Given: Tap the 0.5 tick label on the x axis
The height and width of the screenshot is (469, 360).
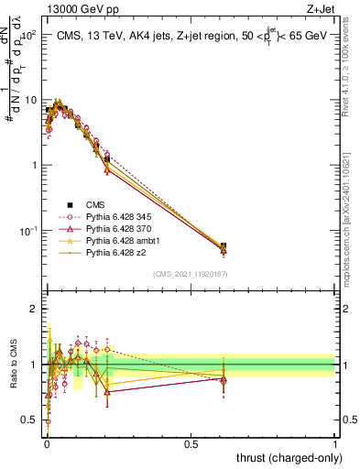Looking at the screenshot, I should pos(191,442).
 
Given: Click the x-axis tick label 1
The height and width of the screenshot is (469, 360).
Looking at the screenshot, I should pos(335,442).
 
